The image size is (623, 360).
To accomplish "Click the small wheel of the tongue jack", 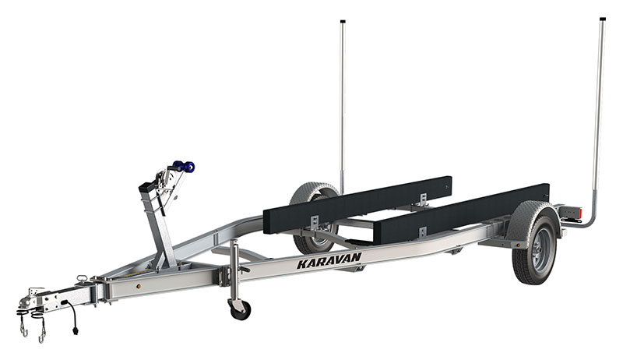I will (x=238, y=309).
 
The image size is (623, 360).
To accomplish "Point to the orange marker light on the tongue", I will (x=139, y=285).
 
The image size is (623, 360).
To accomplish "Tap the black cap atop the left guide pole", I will (x=343, y=21).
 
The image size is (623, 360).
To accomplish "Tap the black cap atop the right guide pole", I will (x=603, y=18).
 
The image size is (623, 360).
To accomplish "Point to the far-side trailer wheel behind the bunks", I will (x=314, y=221).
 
